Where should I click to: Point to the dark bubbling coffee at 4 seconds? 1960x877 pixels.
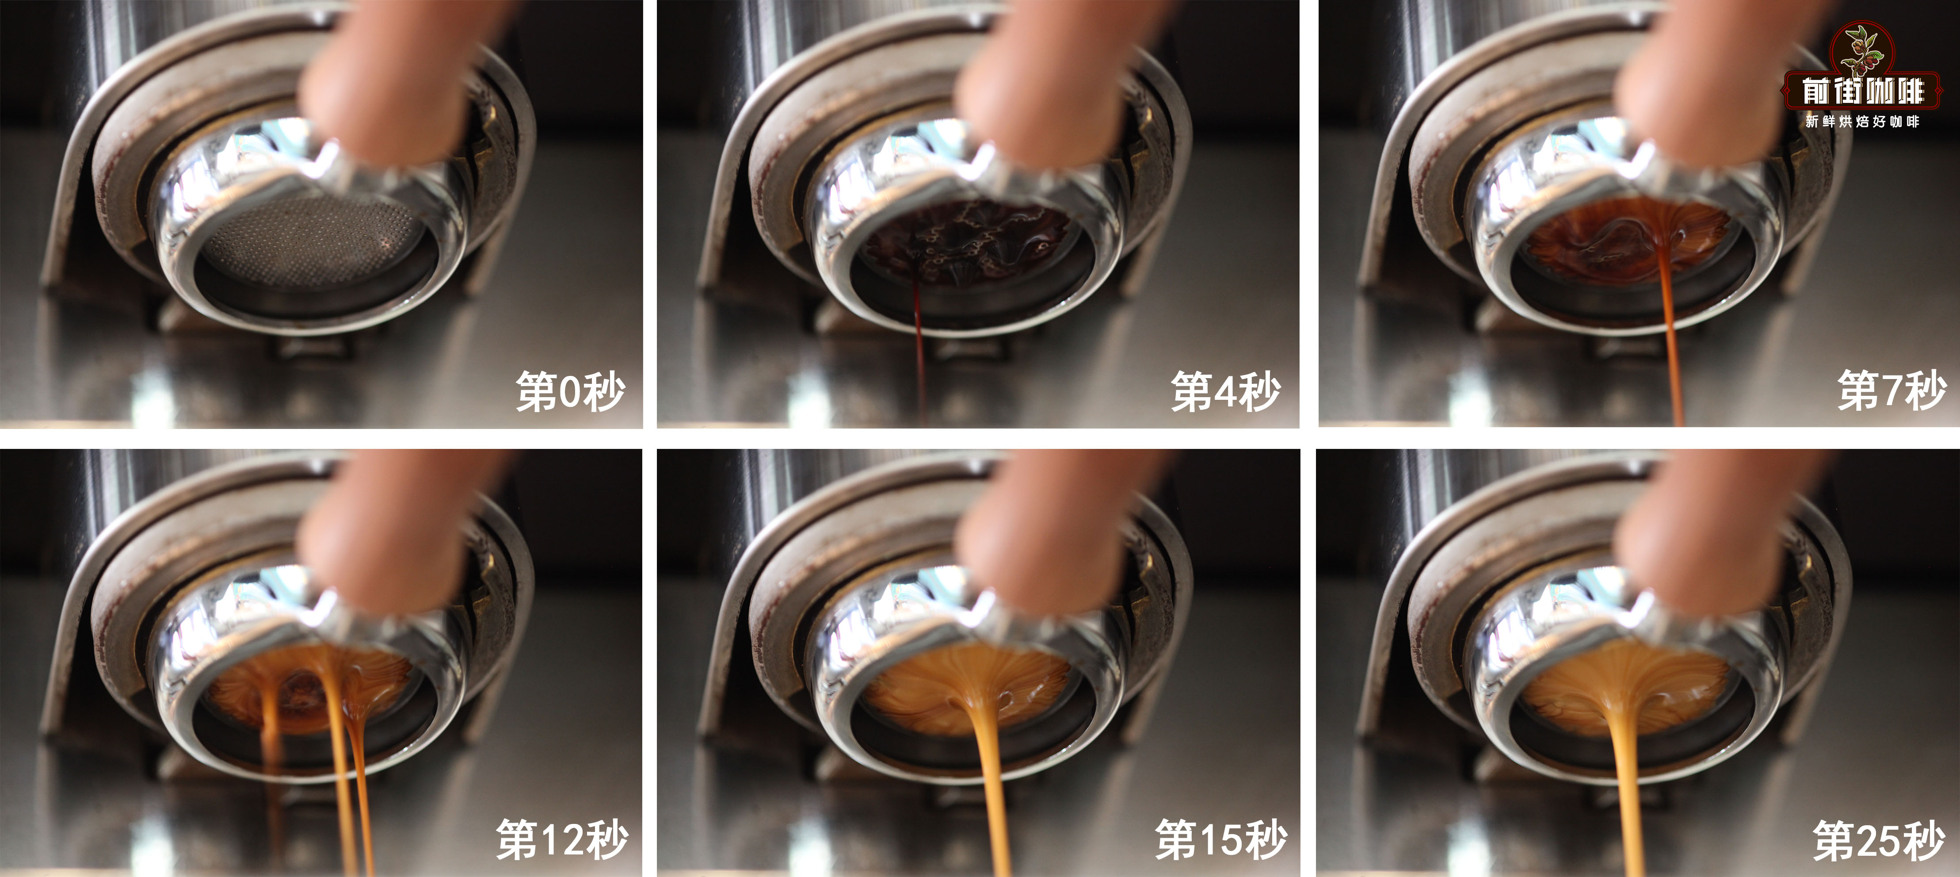click(966, 236)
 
